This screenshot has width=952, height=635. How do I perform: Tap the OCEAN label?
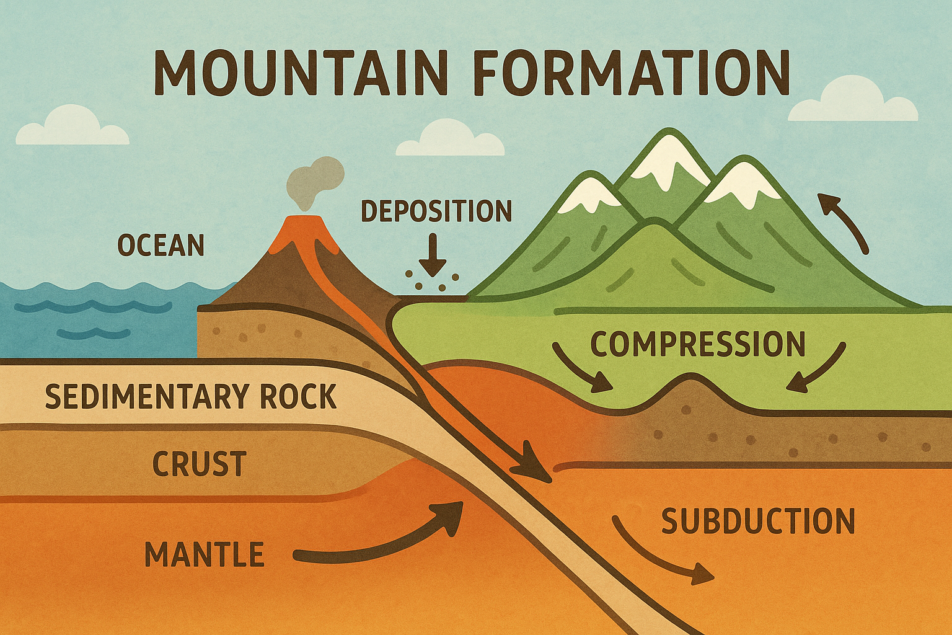(161, 245)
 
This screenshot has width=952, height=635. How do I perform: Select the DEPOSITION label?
(436, 211)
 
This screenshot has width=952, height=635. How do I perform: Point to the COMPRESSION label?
(698, 344)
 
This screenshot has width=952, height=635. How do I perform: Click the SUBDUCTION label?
(758, 521)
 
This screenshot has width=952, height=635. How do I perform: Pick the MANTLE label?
(205, 554)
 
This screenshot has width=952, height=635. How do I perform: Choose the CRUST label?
(200, 463)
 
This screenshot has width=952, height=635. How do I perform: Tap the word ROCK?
(298, 396)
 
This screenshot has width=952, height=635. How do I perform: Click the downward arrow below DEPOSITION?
(433, 255)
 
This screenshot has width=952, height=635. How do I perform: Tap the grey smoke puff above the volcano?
(315, 183)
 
